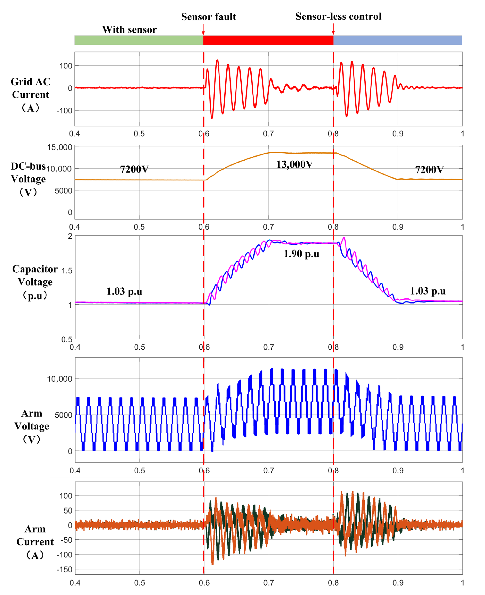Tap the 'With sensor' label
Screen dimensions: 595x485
129,30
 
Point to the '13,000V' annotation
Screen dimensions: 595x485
295,164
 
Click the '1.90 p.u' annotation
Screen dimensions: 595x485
301,254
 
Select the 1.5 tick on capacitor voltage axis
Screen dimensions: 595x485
67,270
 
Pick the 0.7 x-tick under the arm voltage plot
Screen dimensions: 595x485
269,471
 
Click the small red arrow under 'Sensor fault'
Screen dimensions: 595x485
203,29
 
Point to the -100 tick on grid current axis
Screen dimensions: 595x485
64,111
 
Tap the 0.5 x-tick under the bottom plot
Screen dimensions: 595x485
139,583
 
